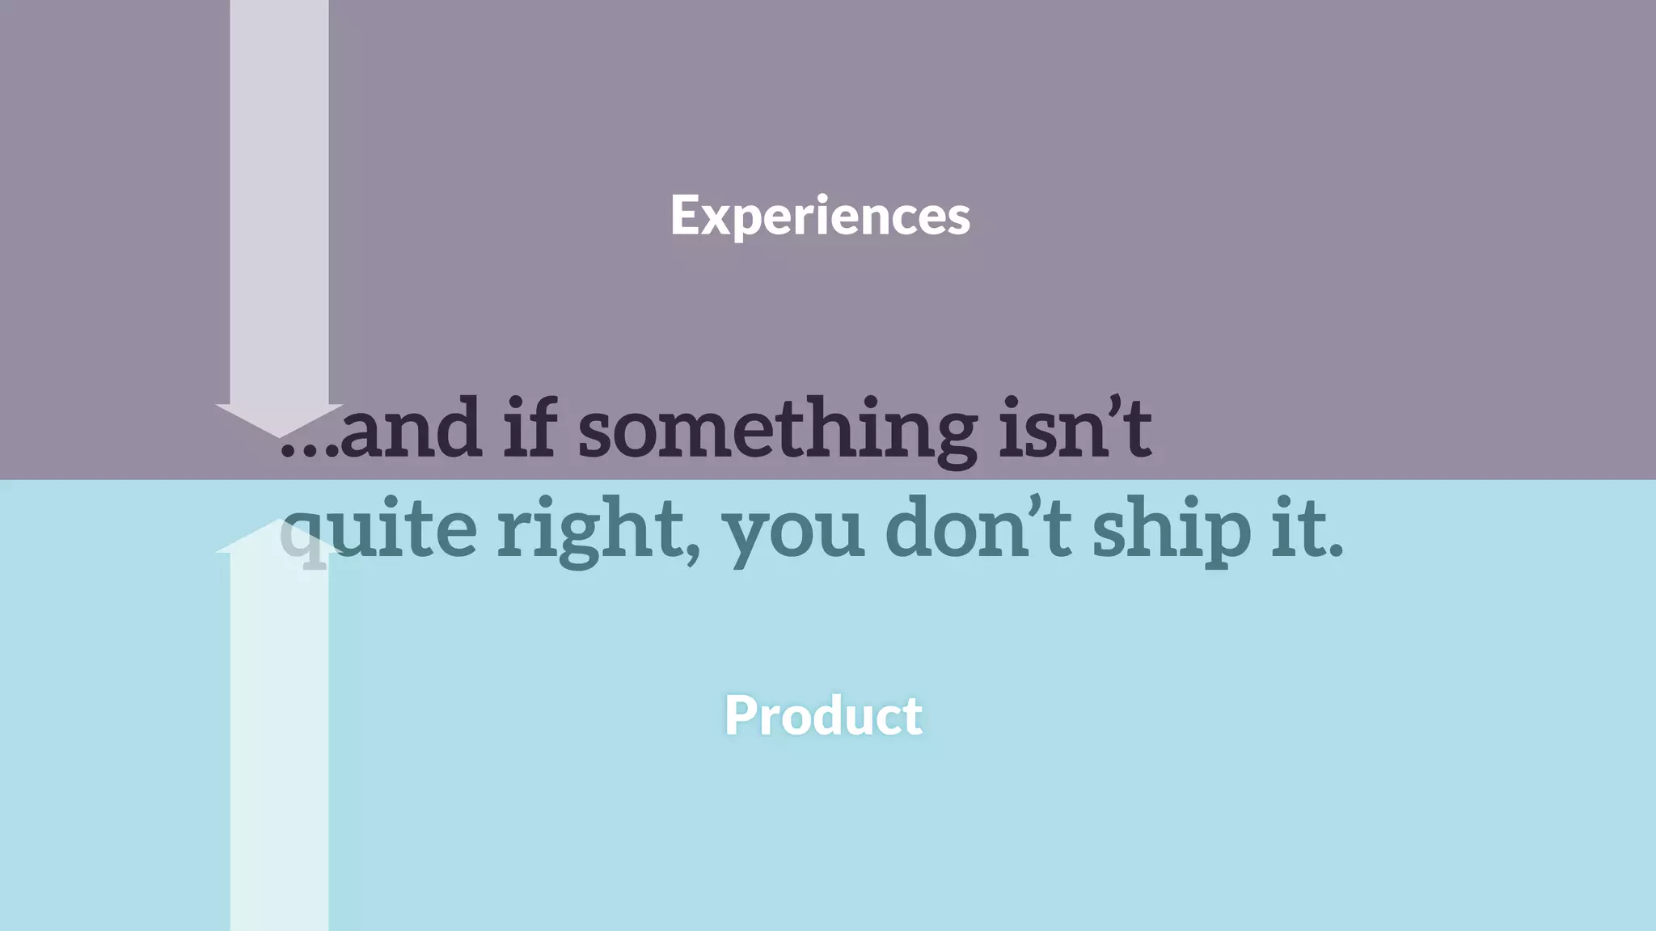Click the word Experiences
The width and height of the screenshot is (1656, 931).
tap(820, 216)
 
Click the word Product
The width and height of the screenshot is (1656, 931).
tap(823, 715)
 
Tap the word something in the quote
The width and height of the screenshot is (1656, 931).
tap(777, 430)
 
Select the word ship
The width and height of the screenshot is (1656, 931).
tap(1172, 529)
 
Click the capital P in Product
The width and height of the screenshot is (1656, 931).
tap(740, 715)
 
